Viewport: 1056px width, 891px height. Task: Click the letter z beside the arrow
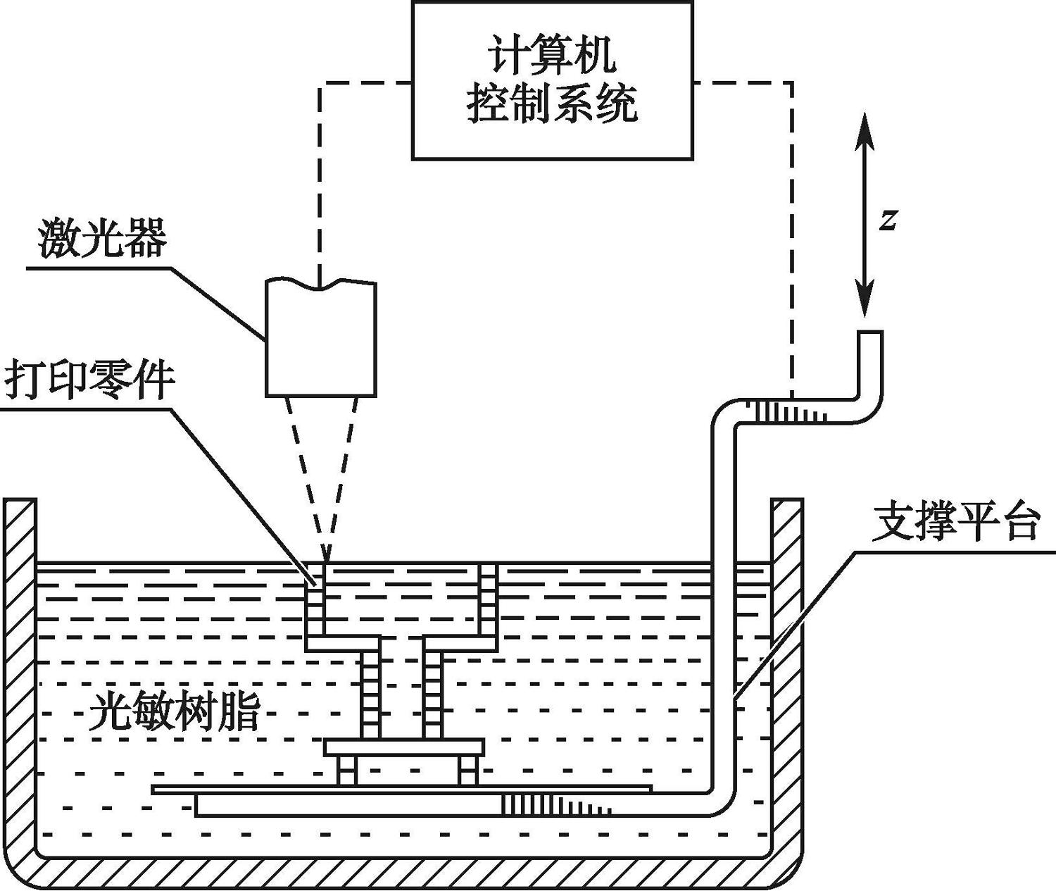pyautogui.click(x=888, y=220)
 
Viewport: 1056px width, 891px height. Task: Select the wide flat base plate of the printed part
pyautogui.click(x=404, y=747)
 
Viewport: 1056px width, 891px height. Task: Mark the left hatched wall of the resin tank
pyautogui.click(x=20, y=669)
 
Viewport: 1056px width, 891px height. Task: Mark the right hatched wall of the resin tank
pyautogui.click(x=786, y=669)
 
